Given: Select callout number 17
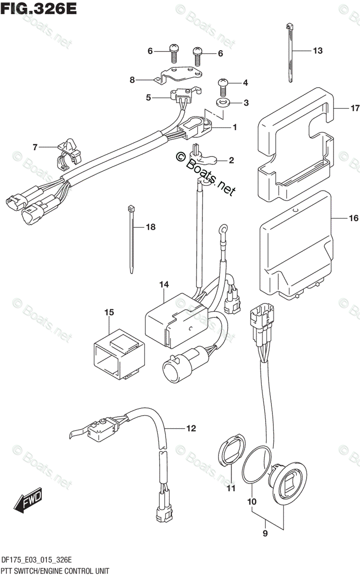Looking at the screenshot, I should [x=355, y=108].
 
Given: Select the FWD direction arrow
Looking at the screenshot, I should [x=29, y=501].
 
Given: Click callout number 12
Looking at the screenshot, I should [x=192, y=427].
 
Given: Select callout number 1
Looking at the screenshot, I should [x=234, y=128].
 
